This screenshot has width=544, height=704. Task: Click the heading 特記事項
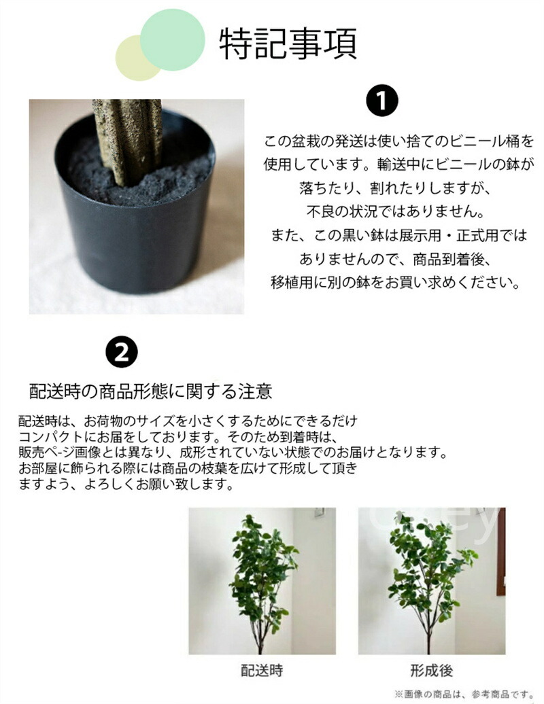click(288, 44)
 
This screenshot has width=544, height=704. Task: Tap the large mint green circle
click(173, 40)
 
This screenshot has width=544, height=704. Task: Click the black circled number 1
click(382, 101)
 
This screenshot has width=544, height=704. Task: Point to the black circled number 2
click(122, 352)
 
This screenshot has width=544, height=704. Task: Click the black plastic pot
click(135, 224)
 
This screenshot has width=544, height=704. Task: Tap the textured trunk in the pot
click(127, 139)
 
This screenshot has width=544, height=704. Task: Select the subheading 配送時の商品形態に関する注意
click(150, 391)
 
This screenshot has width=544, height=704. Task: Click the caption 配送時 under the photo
click(262, 671)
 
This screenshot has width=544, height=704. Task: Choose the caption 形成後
click(431, 671)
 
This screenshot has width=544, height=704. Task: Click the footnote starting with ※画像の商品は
click(464, 694)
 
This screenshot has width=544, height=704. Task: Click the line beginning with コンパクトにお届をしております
click(178, 437)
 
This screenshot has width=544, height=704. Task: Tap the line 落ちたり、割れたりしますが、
click(395, 188)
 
